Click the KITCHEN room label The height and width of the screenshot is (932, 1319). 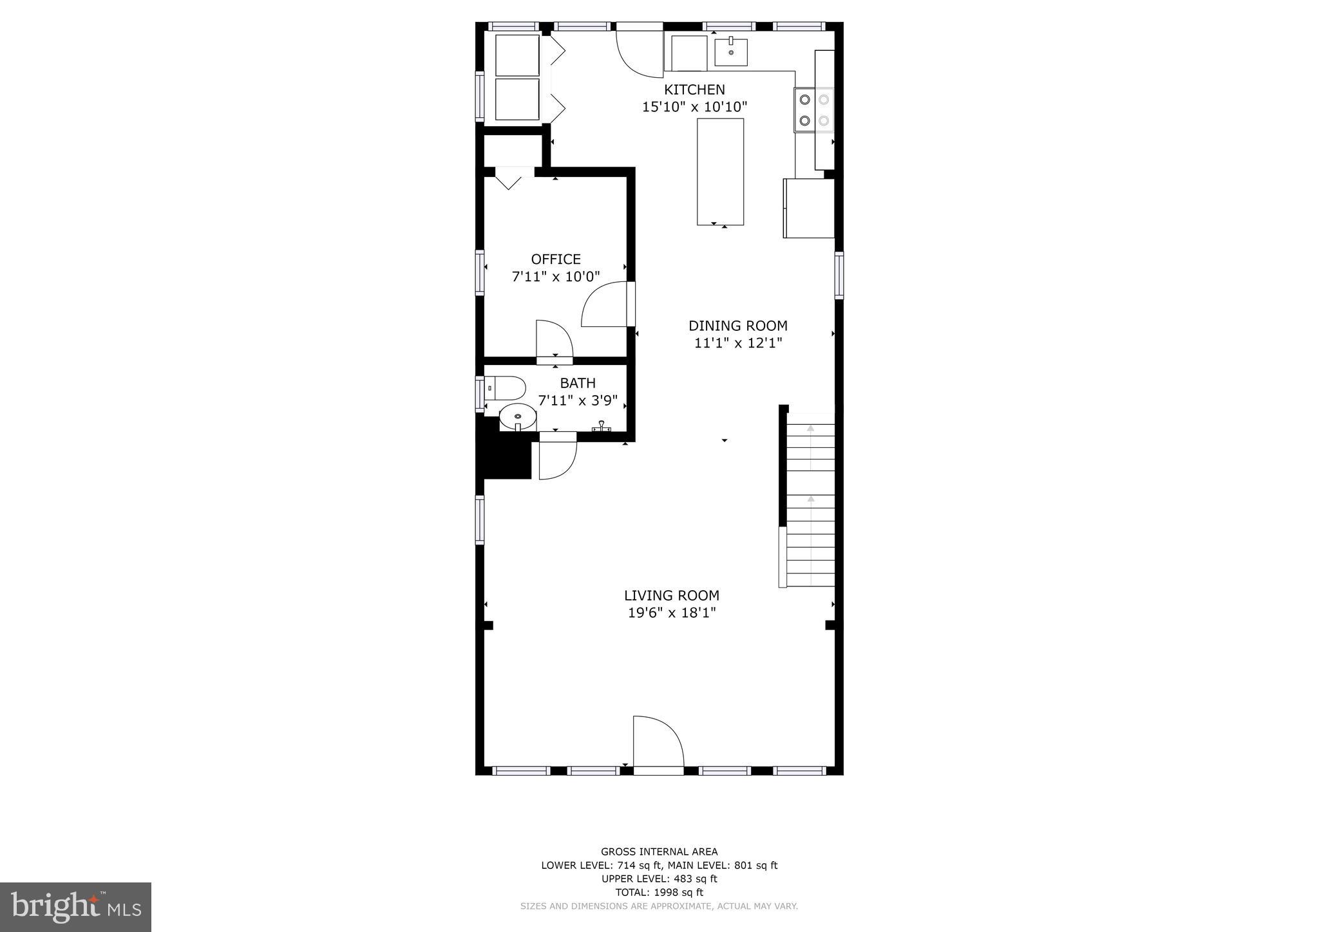(x=694, y=89)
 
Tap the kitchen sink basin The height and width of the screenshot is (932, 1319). (x=731, y=52)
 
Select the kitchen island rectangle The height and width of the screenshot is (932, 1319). (x=720, y=171)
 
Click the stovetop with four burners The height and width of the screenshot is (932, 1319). (x=814, y=110)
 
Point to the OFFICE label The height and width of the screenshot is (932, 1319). (x=556, y=259)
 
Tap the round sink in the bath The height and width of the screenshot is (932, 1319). (x=518, y=417)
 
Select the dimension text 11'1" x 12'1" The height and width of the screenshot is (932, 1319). (x=737, y=343)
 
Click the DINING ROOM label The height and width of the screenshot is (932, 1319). (x=737, y=326)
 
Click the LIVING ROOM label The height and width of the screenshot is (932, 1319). (x=671, y=595)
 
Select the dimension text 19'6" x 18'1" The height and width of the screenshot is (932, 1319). (x=671, y=613)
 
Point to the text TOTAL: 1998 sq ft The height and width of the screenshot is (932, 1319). (x=659, y=892)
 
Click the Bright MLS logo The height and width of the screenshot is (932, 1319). (x=75, y=908)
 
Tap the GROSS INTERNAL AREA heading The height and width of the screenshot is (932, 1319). (x=659, y=852)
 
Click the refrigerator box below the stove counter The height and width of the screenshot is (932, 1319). (x=809, y=209)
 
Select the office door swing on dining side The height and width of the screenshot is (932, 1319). (x=605, y=306)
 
